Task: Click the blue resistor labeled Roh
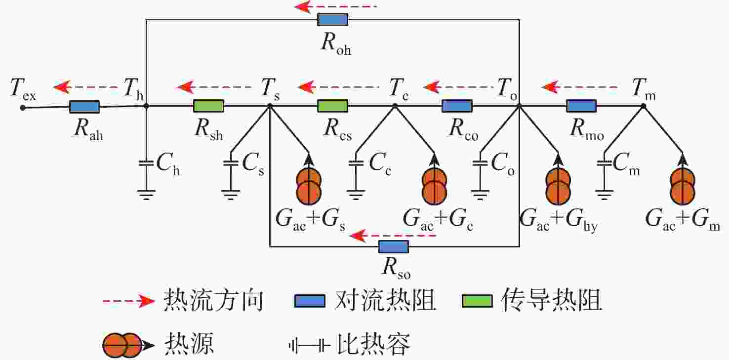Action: [x=332, y=20]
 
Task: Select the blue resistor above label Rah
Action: [x=84, y=107]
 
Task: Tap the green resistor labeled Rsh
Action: [x=208, y=106]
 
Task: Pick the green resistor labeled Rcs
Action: [x=332, y=106]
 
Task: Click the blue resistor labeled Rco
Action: [x=457, y=106]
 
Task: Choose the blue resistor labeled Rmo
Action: [x=581, y=106]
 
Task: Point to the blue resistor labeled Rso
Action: [x=394, y=247]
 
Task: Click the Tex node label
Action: [x=23, y=89]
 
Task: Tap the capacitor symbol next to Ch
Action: [x=146, y=163]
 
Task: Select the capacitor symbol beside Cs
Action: [x=231, y=163]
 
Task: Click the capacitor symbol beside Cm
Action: [x=605, y=163]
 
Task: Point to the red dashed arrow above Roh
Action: [x=335, y=6]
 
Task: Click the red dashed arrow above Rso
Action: [x=393, y=235]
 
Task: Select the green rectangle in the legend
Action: [x=477, y=301]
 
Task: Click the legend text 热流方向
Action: [x=213, y=300]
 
